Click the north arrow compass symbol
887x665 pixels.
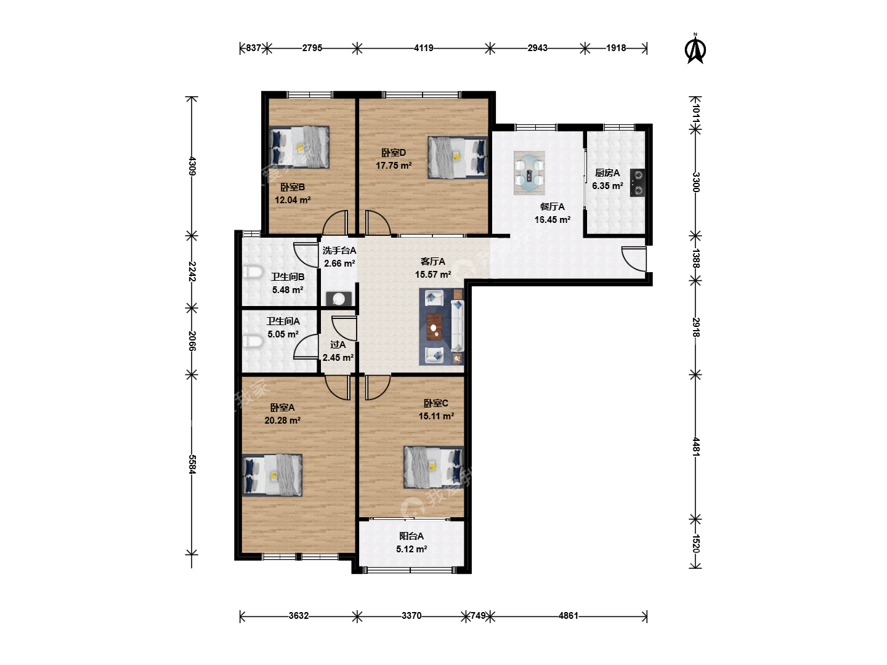pos(695,50)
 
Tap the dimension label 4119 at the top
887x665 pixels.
pos(424,48)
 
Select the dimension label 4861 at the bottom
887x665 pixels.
pos(568,616)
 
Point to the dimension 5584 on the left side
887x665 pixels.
pos(192,464)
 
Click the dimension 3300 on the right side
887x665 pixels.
pos(695,182)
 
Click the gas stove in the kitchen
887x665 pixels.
pos(638,182)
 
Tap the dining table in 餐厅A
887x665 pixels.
pos(529,173)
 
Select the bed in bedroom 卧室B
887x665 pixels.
pos(299,147)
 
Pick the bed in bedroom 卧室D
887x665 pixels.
pos(458,157)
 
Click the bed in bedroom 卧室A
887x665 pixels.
pos(272,475)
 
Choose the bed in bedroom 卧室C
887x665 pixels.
pos(434,467)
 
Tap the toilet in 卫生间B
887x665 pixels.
pos(253,272)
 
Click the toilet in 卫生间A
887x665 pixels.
pos(253,341)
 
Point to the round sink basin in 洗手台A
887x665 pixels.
pos(339,299)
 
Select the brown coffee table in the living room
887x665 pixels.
pos(434,326)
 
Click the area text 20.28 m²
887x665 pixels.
pos(283,421)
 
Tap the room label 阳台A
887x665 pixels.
pos(411,536)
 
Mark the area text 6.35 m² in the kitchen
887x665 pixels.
pos(607,186)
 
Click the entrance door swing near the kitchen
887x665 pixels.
pos(634,259)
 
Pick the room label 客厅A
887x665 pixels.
pos(433,261)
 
